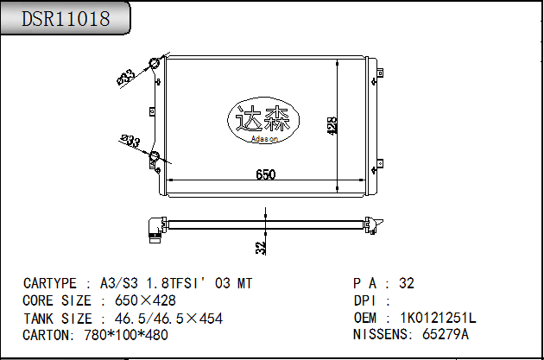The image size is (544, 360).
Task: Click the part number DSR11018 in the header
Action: (66, 19)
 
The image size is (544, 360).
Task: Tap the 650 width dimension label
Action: (266, 174)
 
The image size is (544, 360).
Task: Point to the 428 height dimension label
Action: (332, 125)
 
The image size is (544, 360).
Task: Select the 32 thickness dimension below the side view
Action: (261, 248)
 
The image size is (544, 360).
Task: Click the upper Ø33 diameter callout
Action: (126, 77)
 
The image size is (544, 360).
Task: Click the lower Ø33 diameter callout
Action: (130, 141)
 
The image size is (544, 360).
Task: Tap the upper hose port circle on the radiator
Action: (154, 64)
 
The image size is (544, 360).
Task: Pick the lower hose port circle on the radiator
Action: (154, 156)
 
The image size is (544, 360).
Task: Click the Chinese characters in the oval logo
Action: (263, 118)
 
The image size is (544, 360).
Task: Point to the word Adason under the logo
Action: (264, 139)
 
